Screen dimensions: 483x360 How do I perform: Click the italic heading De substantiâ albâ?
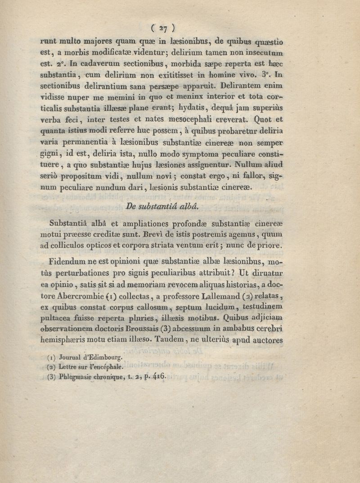click(x=161, y=208)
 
